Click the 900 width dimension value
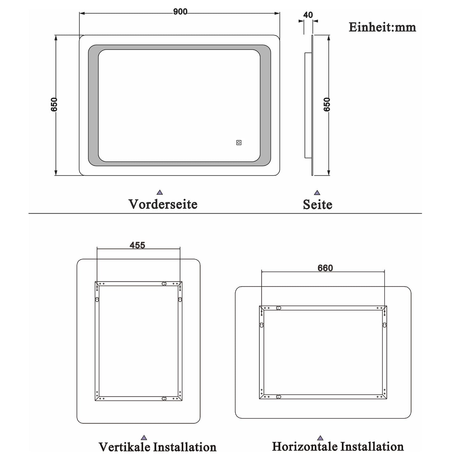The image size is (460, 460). point(180,12)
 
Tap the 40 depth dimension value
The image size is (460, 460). point(308,15)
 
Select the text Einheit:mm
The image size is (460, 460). point(382,27)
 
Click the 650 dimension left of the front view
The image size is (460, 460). point(54,104)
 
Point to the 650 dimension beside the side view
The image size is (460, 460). point(327,104)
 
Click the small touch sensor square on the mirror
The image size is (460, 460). point(239,143)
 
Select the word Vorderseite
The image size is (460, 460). point(163,204)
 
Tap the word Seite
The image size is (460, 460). point(317,204)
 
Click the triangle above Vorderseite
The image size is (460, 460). point(160,192)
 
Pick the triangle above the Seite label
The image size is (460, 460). point(317,193)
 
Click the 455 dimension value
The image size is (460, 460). point(138,245)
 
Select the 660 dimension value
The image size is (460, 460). point(325,268)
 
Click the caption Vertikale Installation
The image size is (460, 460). point(158,447)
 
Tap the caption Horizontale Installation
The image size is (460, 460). point(338,446)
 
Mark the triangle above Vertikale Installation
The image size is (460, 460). point(144,438)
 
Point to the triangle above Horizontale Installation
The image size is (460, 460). point(320,438)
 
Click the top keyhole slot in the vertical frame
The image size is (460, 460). point(164,284)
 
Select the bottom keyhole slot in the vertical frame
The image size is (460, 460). point(164,398)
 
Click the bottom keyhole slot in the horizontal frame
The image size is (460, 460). point(279,397)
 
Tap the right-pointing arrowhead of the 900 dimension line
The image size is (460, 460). point(278,13)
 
